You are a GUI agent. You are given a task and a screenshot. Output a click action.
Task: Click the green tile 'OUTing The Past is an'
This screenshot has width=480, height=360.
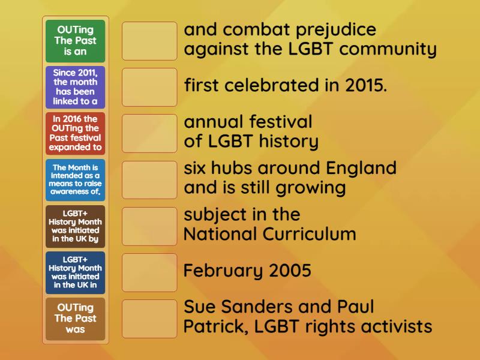pos(75,41)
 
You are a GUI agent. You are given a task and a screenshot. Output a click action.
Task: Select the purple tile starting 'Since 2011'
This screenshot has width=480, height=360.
pos(75,87)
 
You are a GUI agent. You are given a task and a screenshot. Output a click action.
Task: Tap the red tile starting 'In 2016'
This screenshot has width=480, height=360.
pos(75,133)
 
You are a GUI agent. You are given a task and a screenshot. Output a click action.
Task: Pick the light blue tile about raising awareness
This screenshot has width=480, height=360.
pos(75,180)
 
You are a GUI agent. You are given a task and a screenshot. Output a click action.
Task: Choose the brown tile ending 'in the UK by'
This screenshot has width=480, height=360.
pos(75,226)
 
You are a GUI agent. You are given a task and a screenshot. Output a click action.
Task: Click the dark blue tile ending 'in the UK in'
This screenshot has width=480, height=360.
pos(75,272)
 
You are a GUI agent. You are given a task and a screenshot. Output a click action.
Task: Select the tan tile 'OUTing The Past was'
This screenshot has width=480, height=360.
pos(75,319)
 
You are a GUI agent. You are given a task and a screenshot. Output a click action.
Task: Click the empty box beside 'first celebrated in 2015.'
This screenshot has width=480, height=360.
pos(149,87)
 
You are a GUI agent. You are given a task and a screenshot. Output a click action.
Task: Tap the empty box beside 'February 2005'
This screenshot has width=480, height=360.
pos(149,272)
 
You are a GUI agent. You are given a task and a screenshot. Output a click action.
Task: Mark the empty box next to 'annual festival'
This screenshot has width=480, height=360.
pos(149,133)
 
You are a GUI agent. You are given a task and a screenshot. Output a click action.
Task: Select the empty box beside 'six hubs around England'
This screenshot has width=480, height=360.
pos(149,180)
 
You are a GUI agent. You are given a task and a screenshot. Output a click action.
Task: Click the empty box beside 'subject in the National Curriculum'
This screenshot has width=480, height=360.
pos(149,226)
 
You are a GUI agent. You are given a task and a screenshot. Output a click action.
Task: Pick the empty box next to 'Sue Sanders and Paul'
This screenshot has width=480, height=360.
pos(149,319)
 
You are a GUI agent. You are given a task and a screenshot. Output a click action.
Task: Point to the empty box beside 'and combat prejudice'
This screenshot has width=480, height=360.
pos(149,41)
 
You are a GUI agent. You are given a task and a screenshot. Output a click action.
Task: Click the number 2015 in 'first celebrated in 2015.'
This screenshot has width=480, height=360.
pos(366,85)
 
